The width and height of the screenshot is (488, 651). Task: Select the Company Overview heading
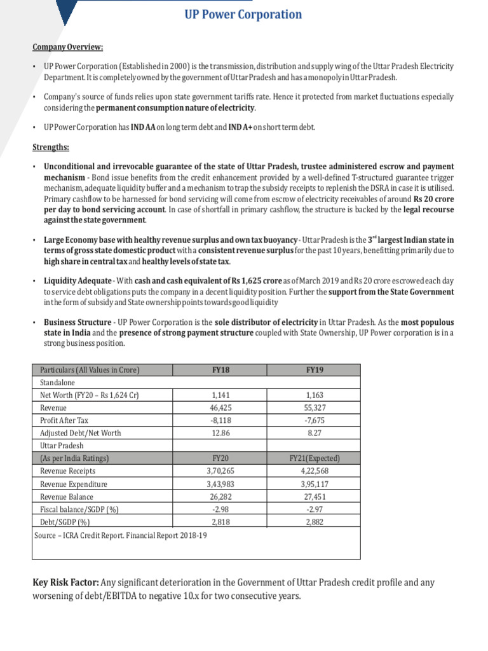[x=68, y=47]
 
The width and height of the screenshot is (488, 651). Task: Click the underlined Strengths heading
[x=51, y=147]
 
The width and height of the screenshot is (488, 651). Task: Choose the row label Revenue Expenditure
[x=74, y=484]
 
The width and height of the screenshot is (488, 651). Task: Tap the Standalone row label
[x=58, y=383]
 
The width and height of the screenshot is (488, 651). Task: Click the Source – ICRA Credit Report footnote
[x=121, y=535]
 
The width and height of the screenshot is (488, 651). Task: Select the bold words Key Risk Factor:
[x=65, y=582]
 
